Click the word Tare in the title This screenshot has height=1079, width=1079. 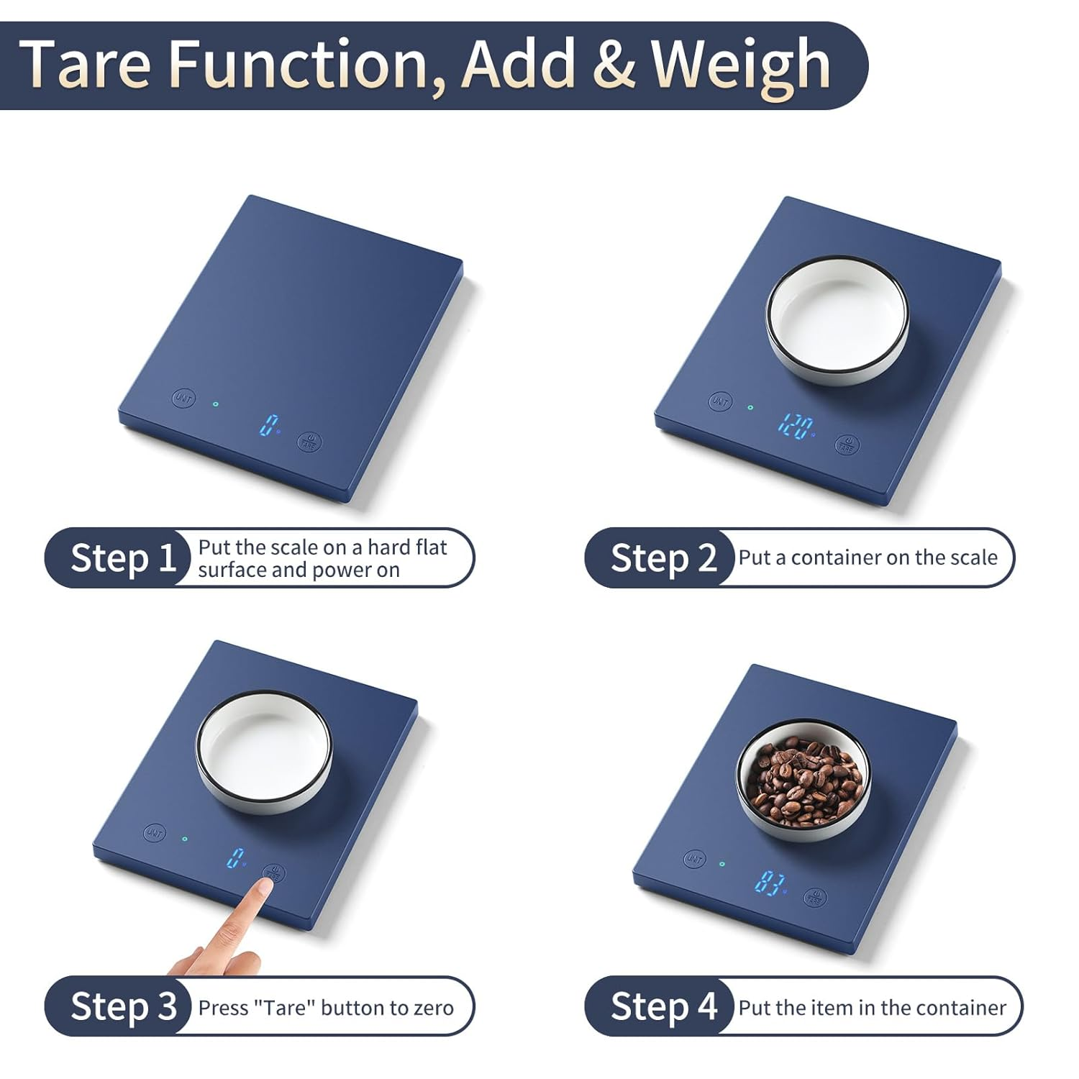pyautogui.click(x=86, y=65)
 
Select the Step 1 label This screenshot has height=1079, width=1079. pyautogui.click(x=123, y=557)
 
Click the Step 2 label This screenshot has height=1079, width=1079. pyautogui.click(x=663, y=557)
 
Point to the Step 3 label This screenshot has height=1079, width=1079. pyautogui.click(x=123, y=1006)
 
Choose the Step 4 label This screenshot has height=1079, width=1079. pyautogui.click(x=663, y=1006)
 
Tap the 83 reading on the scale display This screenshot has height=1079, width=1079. pyautogui.click(x=769, y=882)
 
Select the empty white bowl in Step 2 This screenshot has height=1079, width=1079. pyautogui.click(x=838, y=319)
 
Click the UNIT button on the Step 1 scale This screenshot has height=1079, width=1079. pyautogui.click(x=183, y=398)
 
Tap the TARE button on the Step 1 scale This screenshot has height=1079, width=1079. pyautogui.click(x=310, y=442)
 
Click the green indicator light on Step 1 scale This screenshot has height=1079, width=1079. pyautogui.click(x=215, y=404)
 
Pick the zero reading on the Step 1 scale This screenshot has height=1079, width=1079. pyautogui.click(x=268, y=424)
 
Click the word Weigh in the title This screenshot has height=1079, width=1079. pyautogui.click(x=741, y=65)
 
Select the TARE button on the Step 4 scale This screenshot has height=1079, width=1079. pyautogui.click(x=815, y=897)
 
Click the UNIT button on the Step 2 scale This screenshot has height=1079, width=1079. pyautogui.click(x=720, y=401)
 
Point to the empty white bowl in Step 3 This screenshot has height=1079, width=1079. pyautogui.click(x=265, y=751)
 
